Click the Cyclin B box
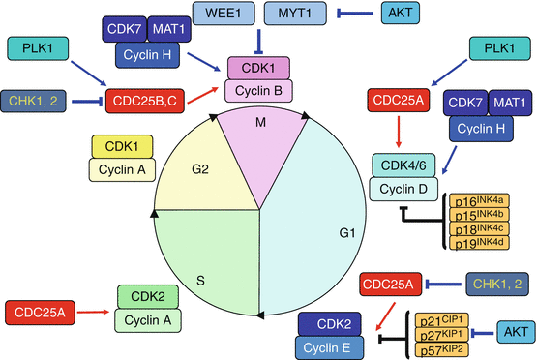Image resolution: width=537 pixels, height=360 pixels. (x=258, y=90)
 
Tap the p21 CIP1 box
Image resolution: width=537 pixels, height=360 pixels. (x=442, y=320)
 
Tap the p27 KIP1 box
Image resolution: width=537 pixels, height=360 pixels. (x=442, y=335)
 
